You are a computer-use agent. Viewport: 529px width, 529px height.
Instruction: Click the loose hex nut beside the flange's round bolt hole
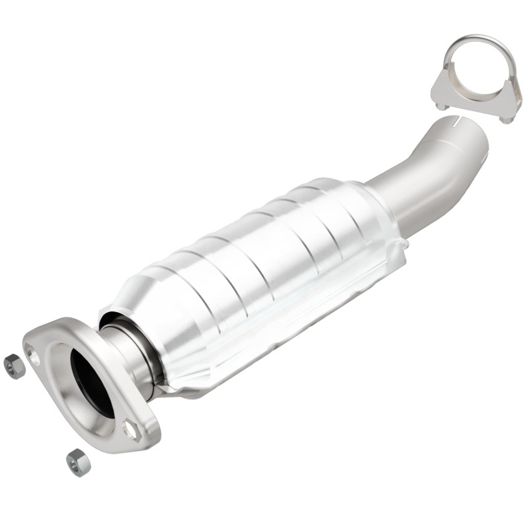pyautogui.click(x=14, y=366)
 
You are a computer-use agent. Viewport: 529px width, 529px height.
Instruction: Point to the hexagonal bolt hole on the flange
pyautogui.click(x=132, y=430)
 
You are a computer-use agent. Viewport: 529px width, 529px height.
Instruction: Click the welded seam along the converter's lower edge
pyautogui.click(x=264, y=364)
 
